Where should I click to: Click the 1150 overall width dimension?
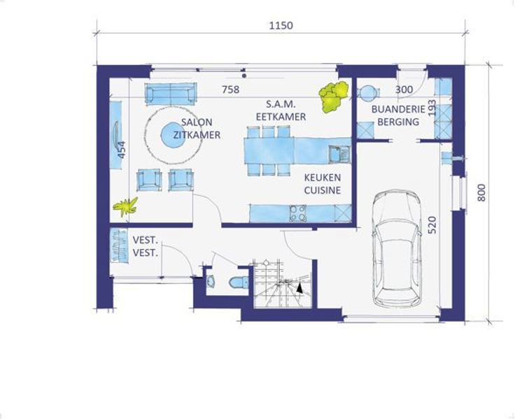click(x=281, y=26)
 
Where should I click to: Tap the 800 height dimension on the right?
click(x=481, y=193)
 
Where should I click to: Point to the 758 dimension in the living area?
click(x=231, y=90)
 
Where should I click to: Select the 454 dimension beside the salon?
click(x=122, y=150)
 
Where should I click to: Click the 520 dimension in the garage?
click(x=432, y=225)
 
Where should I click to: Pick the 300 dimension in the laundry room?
click(x=404, y=90)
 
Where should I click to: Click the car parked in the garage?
click(x=397, y=249)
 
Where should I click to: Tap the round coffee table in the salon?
click(x=171, y=134)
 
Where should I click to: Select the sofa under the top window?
click(x=171, y=93)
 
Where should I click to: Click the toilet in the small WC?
click(x=239, y=283)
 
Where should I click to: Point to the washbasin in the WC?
click(x=211, y=280)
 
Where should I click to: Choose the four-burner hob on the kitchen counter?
click(x=298, y=213)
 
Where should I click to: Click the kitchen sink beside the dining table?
click(x=339, y=154)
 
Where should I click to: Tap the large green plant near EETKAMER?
click(x=334, y=97)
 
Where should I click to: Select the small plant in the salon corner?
click(x=125, y=206)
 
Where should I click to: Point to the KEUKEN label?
click(x=322, y=178)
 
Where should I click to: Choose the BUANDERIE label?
click(x=398, y=109)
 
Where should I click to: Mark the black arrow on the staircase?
click(x=299, y=288)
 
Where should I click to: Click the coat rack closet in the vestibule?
click(x=119, y=246)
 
